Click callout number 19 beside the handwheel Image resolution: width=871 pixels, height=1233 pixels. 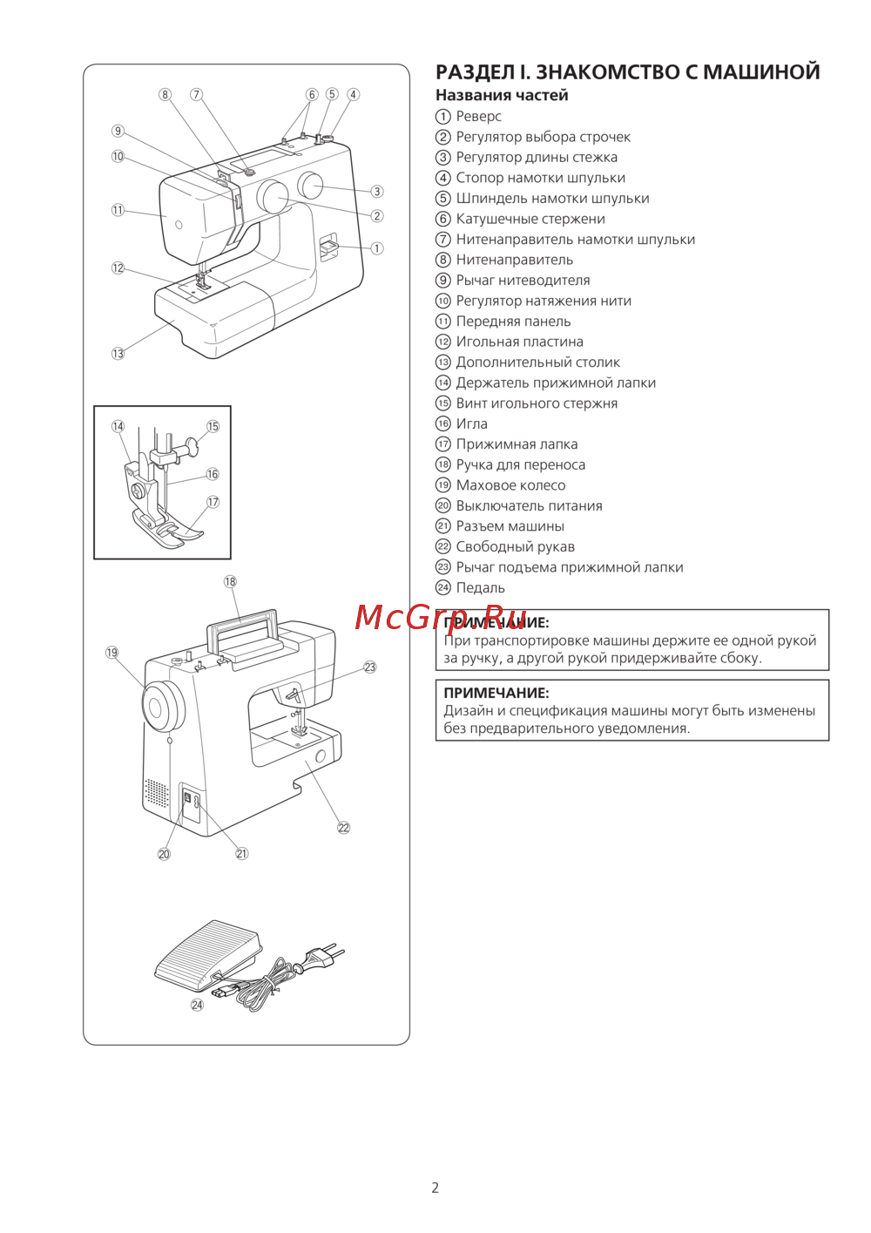(112, 653)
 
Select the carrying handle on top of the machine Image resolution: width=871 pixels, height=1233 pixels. (242, 625)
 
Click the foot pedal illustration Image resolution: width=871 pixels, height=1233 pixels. (207, 954)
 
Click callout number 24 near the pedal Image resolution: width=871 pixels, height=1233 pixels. (198, 1005)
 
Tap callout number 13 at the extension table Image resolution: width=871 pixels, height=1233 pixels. (118, 354)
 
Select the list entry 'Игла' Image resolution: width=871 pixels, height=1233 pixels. (471, 424)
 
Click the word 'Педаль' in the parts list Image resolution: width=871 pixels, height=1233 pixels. (480, 588)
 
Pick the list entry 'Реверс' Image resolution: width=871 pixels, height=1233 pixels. (478, 117)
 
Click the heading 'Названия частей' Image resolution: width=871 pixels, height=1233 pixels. (502, 96)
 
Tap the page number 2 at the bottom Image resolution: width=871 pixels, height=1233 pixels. (435, 1188)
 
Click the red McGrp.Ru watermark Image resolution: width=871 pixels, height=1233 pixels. (440, 617)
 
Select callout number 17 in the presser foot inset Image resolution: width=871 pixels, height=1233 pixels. (213, 502)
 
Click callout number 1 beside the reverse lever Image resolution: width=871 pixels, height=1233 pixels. (377, 248)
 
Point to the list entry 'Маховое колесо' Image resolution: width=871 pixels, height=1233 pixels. (510, 485)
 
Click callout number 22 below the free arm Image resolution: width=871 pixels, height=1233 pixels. (343, 828)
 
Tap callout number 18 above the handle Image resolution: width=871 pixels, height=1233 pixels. (230, 582)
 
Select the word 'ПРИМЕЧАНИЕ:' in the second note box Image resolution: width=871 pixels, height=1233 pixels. (496, 694)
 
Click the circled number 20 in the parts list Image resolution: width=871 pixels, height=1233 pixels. (443, 506)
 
